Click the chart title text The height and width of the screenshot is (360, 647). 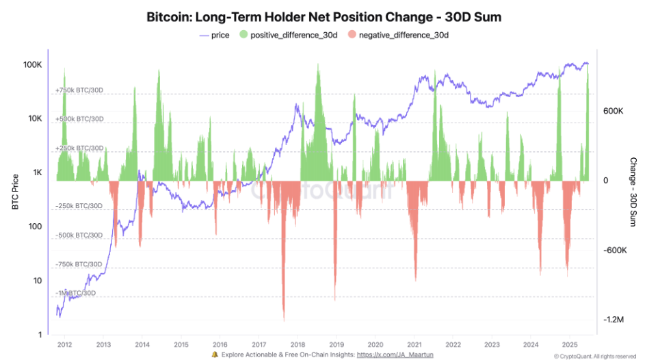(x=323, y=17)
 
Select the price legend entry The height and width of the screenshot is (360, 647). (x=214, y=35)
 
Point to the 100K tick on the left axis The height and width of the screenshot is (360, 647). (x=33, y=64)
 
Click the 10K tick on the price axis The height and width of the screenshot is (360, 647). (x=34, y=119)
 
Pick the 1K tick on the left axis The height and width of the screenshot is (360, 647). (x=36, y=173)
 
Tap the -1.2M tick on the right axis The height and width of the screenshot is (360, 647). (x=613, y=320)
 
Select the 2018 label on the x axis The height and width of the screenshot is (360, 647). (x=297, y=344)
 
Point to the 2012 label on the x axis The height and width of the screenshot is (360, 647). (x=65, y=344)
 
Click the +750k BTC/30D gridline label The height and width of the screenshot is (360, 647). (x=79, y=90)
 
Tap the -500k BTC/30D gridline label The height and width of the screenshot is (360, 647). (x=79, y=235)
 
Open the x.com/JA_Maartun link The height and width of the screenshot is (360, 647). (x=395, y=355)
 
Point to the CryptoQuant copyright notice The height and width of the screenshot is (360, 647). (x=595, y=356)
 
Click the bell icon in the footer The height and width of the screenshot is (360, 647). (x=215, y=355)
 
